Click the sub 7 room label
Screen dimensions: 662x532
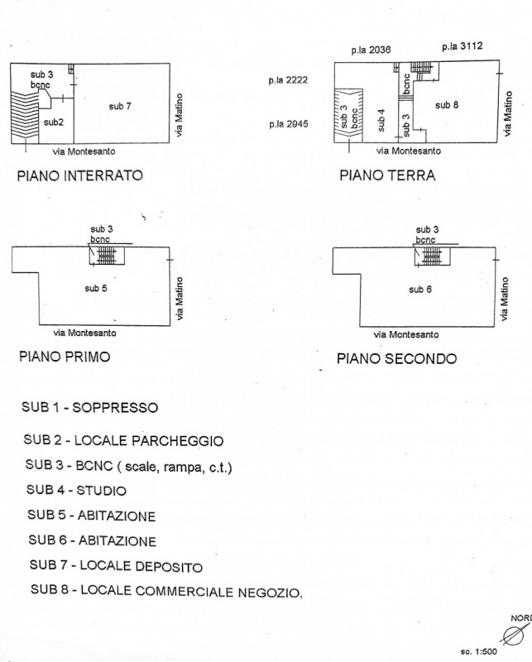point(121,106)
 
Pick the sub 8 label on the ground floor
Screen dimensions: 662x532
point(447,104)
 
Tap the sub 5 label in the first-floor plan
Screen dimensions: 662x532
point(97,288)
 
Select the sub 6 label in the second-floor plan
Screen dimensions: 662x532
point(421,289)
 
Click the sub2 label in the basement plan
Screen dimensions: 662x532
point(54,122)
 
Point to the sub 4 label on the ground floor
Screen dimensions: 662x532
point(381,121)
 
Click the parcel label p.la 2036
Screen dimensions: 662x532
point(370,50)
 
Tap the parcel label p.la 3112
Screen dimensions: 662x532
point(462,47)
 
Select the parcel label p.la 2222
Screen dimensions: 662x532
point(288,80)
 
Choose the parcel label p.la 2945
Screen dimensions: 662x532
point(288,124)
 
